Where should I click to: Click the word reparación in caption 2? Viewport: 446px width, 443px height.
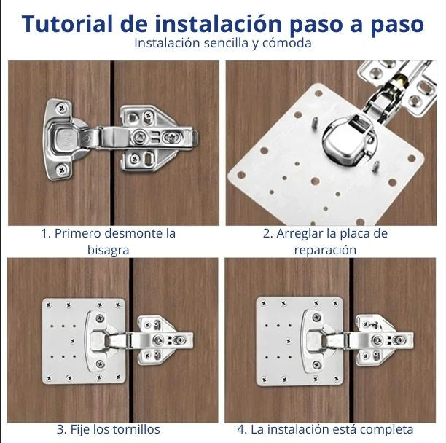point(325,250)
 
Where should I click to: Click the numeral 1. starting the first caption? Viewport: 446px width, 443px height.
point(45,233)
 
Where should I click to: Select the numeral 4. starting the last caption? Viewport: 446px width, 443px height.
point(242,429)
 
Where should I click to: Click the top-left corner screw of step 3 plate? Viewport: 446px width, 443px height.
point(49,304)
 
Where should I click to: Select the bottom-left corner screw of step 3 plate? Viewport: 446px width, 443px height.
point(49,377)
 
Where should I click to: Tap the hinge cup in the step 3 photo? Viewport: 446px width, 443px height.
point(99,340)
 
